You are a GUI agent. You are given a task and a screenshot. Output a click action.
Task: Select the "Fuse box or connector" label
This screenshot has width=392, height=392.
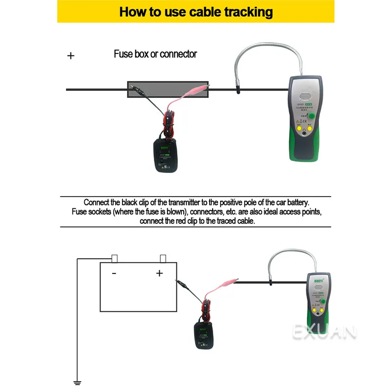coord(155,54)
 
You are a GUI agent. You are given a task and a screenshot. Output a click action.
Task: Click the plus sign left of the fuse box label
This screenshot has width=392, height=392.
coord(71,56)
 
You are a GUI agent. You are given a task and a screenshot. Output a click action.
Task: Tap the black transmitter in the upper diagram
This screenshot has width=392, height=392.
coord(167,154)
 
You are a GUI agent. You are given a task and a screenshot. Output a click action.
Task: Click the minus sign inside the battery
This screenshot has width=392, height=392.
coord(114,273)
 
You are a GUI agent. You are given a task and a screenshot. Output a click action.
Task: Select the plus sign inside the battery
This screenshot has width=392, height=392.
coord(159,273)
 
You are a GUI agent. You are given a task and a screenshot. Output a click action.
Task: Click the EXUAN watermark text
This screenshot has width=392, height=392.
coord(324,333)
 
